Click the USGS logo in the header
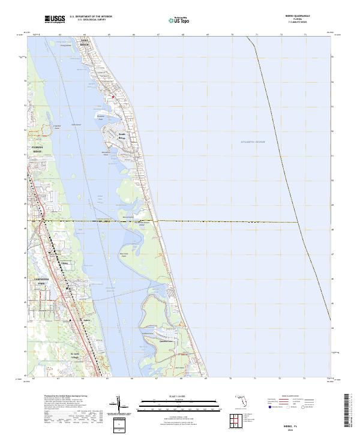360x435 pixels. point(55,19)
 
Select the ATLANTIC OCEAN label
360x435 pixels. point(253,142)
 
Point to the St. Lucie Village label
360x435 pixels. point(76,355)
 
